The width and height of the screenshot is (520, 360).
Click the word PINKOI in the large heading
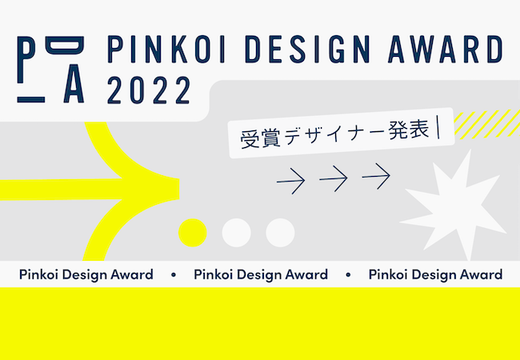166,50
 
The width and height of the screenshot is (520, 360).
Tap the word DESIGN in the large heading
307,50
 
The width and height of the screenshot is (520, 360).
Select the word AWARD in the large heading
446,50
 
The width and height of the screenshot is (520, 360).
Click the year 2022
150,90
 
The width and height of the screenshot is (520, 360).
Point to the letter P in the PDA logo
26,60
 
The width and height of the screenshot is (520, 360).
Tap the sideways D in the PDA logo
65,45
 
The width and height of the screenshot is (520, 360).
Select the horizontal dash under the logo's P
31,100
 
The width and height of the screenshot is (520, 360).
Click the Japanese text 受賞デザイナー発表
334,134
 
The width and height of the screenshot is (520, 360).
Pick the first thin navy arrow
291,181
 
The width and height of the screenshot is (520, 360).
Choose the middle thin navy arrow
334,178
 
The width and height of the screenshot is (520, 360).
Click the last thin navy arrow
376,176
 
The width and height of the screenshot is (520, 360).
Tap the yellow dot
192,233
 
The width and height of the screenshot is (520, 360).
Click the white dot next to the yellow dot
237,233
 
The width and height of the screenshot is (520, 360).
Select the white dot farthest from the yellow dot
280,233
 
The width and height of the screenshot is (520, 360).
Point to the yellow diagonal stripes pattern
487,124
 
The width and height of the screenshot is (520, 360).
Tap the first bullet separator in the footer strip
174,275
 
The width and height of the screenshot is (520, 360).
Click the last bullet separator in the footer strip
348,275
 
